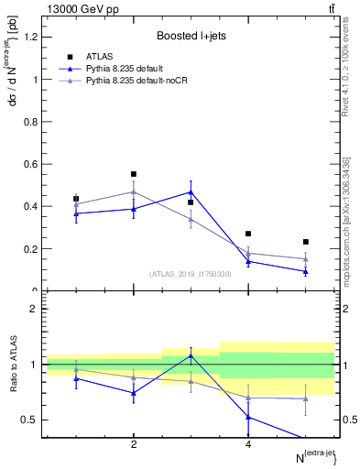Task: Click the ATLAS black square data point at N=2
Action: (134, 174)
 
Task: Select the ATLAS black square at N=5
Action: (306, 242)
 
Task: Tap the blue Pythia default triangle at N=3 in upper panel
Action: (191, 192)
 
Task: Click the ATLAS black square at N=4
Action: (248, 234)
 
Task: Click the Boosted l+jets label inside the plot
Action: (191, 36)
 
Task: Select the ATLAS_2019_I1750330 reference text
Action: (191, 273)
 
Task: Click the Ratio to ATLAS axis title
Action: (11, 365)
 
